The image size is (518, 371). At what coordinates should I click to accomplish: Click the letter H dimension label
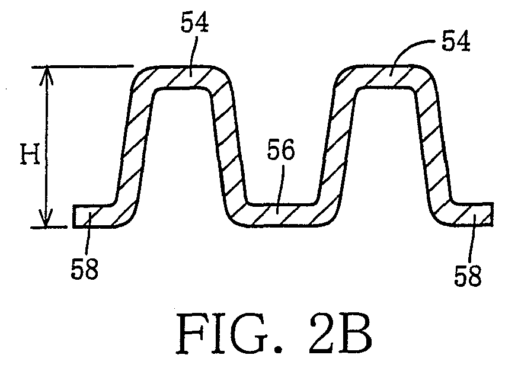(30, 154)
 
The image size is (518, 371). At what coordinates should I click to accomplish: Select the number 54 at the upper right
(456, 42)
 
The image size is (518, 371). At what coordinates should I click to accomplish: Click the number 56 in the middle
(280, 150)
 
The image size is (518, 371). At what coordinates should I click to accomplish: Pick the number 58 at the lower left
(85, 268)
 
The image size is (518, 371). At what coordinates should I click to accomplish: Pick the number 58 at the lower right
(468, 275)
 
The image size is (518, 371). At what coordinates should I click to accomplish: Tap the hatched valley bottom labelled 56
(281, 214)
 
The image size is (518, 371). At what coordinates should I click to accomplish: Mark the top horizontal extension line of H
(82, 66)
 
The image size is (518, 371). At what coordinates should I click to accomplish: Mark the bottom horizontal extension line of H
(50, 228)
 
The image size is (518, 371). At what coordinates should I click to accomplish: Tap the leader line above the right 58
(471, 238)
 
